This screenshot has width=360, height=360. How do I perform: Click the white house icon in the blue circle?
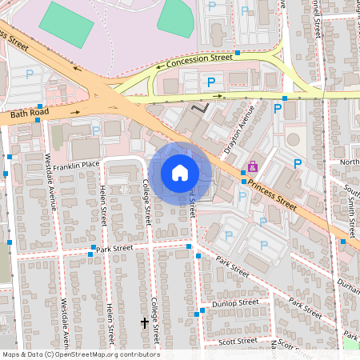tap(180, 172)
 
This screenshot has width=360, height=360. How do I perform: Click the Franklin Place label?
tap(73, 164)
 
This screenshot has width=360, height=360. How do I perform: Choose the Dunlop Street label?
tap(235, 303)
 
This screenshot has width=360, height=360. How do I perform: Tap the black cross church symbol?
tap(145, 323)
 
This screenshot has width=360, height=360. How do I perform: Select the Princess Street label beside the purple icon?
tap(272, 194)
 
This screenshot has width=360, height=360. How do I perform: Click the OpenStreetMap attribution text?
tap(80, 354)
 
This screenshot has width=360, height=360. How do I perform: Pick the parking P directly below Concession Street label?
tap(212, 82)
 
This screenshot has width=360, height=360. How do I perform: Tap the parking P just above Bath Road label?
tap(30, 74)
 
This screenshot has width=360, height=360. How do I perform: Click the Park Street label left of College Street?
tap(113, 250)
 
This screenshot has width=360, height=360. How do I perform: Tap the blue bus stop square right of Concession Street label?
tap(238, 54)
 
